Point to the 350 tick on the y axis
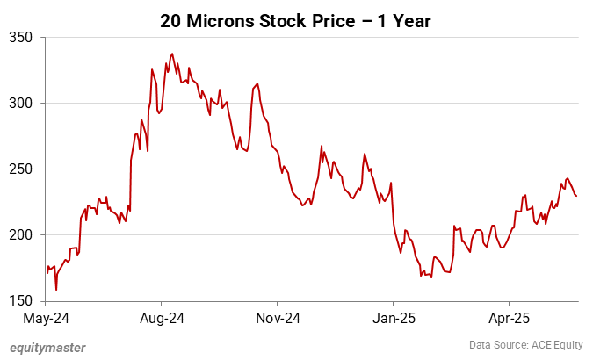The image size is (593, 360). click(x=21, y=37)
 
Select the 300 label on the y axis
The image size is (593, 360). click(x=21, y=103)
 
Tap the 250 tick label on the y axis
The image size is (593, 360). click(x=21, y=169)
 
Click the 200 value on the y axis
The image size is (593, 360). click(x=21, y=234)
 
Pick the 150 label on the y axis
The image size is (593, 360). click(x=21, y=300)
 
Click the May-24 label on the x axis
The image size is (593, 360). click(x=47, y=316)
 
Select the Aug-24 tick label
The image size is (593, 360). click(x=162, y=316)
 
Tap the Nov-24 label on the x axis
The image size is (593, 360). click(x=278, y=316)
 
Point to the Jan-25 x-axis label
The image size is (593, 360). click(x=393, y=316)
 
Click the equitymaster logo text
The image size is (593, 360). click(x=48, y=347)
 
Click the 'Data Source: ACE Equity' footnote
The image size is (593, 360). click(x=524, y=346)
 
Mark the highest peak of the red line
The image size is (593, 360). click(x=172, y=54)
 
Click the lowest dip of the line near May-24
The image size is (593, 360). click(x=56, y=290)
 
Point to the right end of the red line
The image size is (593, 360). click(x=576, y=196)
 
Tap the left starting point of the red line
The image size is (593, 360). click(x=47, y=273)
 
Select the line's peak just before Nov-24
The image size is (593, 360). click(x=257, y=83)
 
